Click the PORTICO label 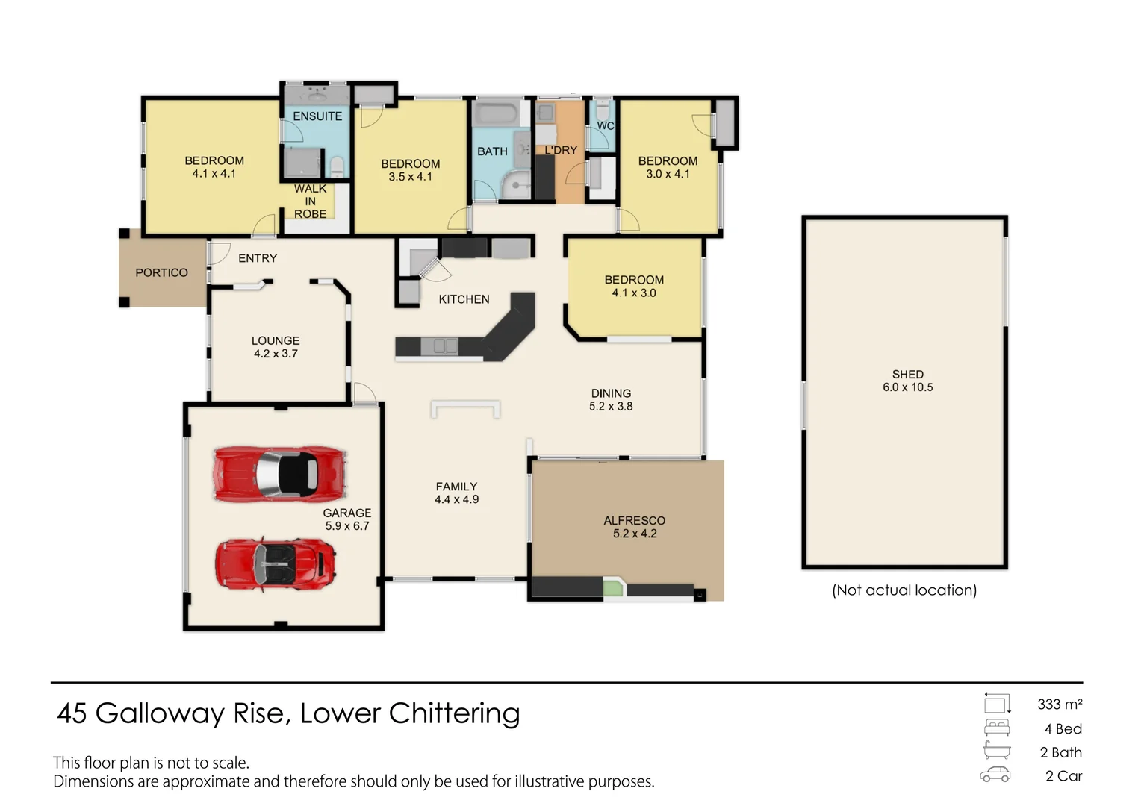click(x=161, y=273)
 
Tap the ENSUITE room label click(x=317, y=116)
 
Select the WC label click(x=605, y=126)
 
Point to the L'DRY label click(x=561, y=150)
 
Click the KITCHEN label click(x=464, y=299)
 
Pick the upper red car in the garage click(x=280, y=475)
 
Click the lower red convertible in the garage click(x=275, y=565)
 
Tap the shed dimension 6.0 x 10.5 click(x=908, y=387)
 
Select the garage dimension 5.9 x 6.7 click(x=347, y=526)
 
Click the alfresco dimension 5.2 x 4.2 click(x=635, y=534)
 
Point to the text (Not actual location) click(x=904, y=590)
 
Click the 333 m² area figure click(x=1060, y=705)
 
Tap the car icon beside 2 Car click(x=995, y=775)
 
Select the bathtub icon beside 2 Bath click(x=997, y=751)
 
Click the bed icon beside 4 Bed click(x=997, y=728)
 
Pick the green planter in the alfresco click(x=613, y=589)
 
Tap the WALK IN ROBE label click(x=310, y=201)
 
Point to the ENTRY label click(x=258, y=259)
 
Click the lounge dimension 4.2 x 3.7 click(x=276, y=354)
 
